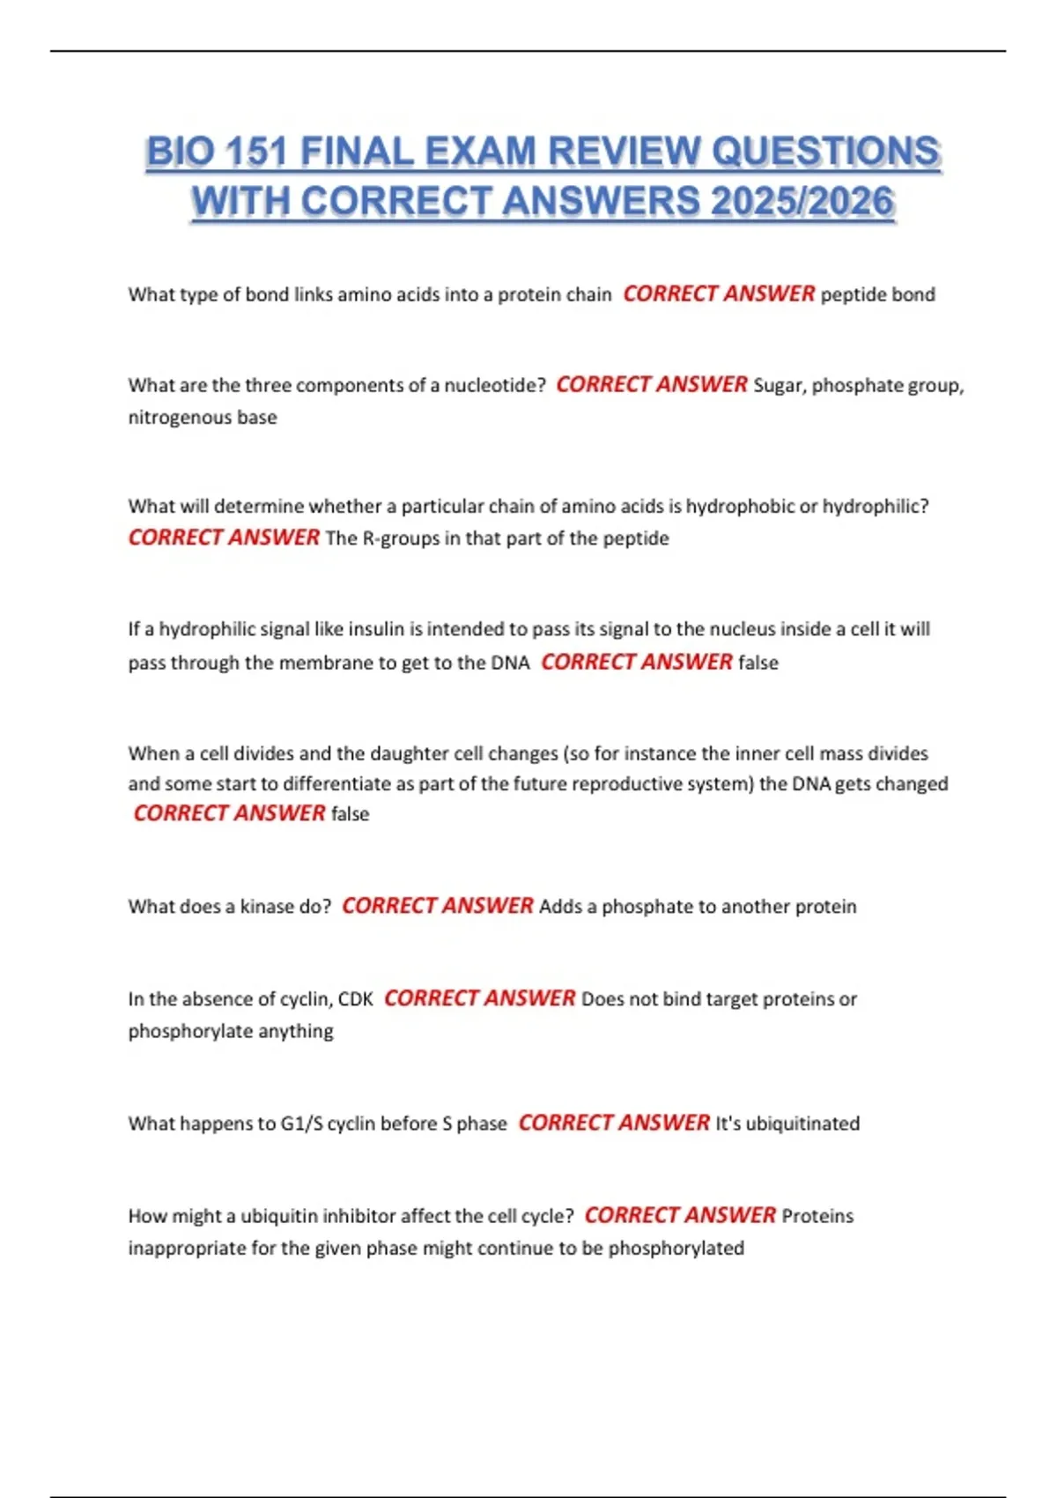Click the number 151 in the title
(x=256, y=152)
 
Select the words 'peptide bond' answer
(x=877, y=294)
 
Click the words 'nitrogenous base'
(x=203, y=418)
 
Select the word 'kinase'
(x=267, y=907)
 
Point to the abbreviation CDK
(x=356, y=999)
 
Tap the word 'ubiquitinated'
(x=802, y=1123)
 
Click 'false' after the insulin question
(x=758, y=663)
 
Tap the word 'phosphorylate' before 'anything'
(x=185, y=1032)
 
